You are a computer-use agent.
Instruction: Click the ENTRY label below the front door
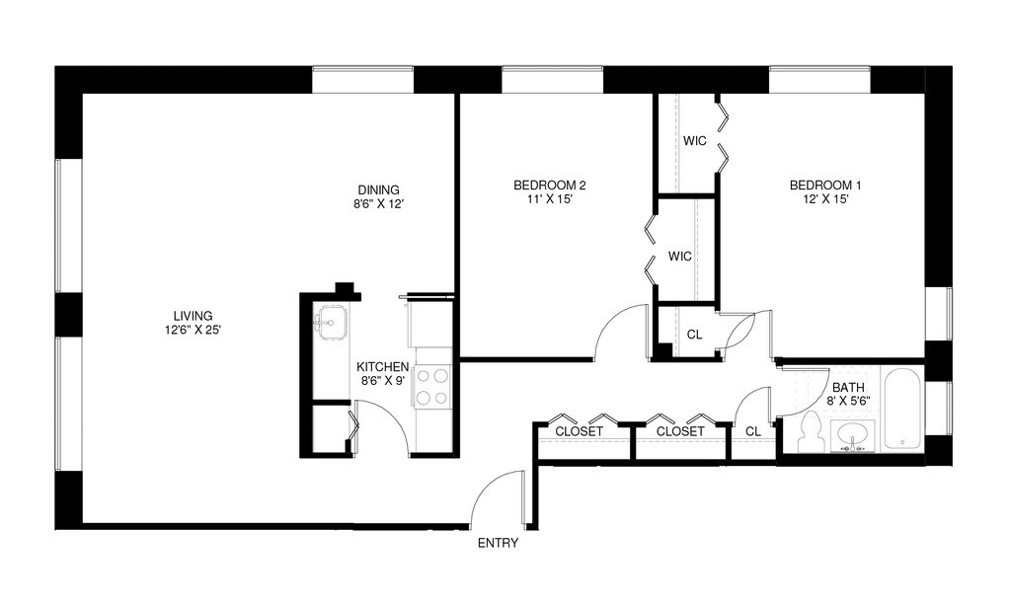[x=498, y=543]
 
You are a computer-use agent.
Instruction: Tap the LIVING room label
[x=193, y=316]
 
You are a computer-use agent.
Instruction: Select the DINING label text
[x=378, y=190]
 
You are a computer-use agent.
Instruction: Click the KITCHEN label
[x=382, y=366]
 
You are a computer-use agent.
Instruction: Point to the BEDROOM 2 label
[x=549, y=186]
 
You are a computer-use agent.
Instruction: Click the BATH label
[x=848, y=388]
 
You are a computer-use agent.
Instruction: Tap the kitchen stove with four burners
[x=432, y=387]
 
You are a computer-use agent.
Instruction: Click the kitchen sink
[x=332, y=320]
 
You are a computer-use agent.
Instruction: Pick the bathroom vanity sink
[x=852, y=437]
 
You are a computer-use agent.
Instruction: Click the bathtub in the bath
[x=902, y=409]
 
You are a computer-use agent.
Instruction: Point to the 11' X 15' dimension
[x=550, y=199]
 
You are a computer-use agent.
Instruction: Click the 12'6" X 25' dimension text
[x=194, y=330]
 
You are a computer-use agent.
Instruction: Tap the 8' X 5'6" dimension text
[x=848, y=401]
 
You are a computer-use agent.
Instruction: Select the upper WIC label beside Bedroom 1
[x=694, y=141]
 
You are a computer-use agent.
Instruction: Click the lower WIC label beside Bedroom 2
[x=679, y=257]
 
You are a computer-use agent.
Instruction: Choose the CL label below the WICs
[x=694, y=335]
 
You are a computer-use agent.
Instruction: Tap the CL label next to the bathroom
[x=753, y=431]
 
